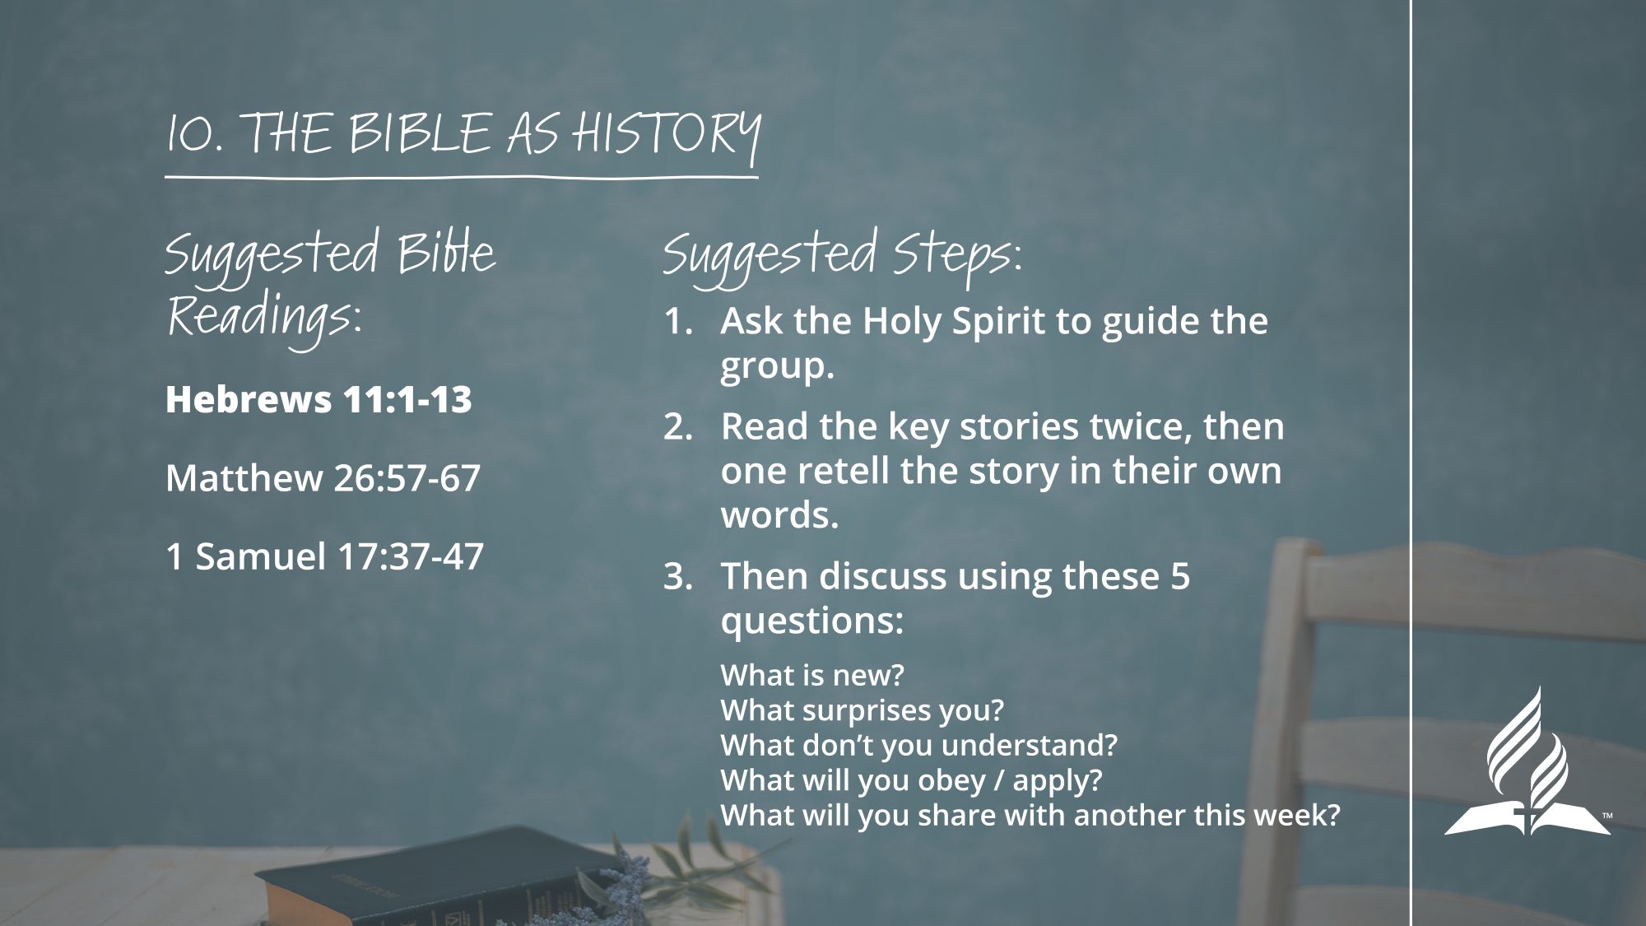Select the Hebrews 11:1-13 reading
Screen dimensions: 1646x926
(x=319, y=399)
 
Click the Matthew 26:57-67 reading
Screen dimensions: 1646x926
(x=323, y=478)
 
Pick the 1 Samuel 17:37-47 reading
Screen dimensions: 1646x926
(x=324, y=556)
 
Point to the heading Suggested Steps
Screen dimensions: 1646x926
(x=842, y=256)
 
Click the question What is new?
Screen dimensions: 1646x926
(x=812, y=675)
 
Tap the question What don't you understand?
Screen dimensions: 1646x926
(x=919, y=745)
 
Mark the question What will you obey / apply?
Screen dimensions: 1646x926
(x=911, y=780)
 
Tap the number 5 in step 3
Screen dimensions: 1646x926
(x=1179, y=576)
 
